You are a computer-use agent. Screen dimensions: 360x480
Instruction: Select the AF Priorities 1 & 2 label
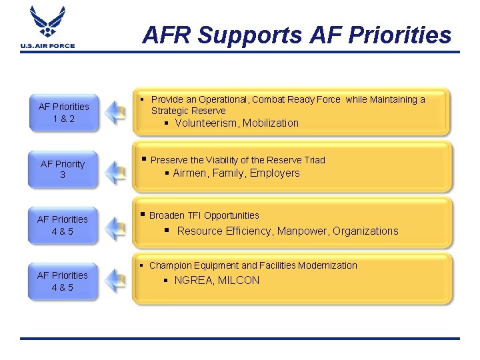[x=63, y=112]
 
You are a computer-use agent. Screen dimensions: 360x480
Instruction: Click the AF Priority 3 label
[x=63, y=169]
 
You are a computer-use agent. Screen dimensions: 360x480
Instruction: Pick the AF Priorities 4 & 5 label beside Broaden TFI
[x=63, y=225]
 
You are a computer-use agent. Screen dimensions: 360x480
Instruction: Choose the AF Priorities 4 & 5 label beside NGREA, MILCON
[x=63, y=281]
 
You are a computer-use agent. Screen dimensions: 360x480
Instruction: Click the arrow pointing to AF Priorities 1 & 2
[x=117, y=112]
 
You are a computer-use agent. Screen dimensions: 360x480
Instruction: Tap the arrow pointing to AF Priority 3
[x=117, y=171]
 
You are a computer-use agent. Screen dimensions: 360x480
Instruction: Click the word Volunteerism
[x=207, y=123]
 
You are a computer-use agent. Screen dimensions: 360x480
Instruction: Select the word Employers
[x=275, y=173]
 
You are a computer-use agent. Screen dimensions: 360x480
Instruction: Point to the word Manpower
[x=303, y=231]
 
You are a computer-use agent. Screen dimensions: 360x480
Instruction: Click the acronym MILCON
[x=239, y=281]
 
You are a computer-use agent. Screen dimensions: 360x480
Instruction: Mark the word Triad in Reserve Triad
[x=312, y=160]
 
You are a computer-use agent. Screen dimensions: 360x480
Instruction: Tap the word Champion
[x=170, y=265]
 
